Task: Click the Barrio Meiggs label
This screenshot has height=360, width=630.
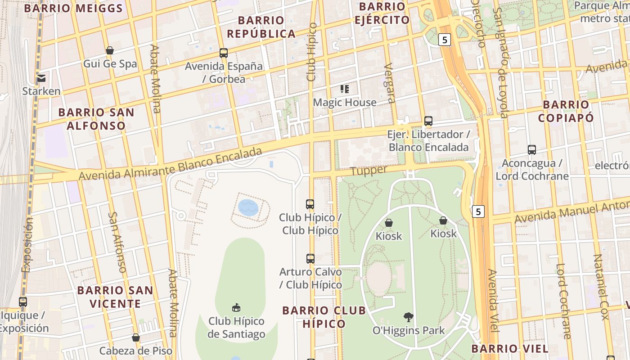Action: point(73,8)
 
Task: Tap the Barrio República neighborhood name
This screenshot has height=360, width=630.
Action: point(261,27)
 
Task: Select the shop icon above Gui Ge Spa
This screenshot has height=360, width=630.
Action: point(110,50)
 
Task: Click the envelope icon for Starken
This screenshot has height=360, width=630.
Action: point(41,78)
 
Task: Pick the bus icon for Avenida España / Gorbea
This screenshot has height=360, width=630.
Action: point(224,53)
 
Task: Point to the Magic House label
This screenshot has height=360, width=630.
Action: point(345,103)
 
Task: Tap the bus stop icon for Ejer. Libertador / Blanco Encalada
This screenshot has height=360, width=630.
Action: point(428,121)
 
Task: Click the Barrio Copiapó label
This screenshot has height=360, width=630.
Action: point(566,111)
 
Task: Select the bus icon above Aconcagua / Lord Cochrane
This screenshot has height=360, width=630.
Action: point(532,150)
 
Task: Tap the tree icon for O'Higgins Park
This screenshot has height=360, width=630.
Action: point(409,317)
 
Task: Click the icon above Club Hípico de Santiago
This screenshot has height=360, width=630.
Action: point(236,308)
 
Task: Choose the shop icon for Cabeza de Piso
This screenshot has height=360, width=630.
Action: point(136,337)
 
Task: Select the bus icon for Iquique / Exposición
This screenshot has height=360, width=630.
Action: point(23,302)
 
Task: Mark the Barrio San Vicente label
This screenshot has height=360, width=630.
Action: point(115,297)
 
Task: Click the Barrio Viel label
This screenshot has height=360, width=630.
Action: point(510,348)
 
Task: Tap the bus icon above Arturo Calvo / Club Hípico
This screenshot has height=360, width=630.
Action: point(310,259)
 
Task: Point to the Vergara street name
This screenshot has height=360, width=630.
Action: point(390,83)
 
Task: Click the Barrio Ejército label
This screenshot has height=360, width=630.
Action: point(382,13)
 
